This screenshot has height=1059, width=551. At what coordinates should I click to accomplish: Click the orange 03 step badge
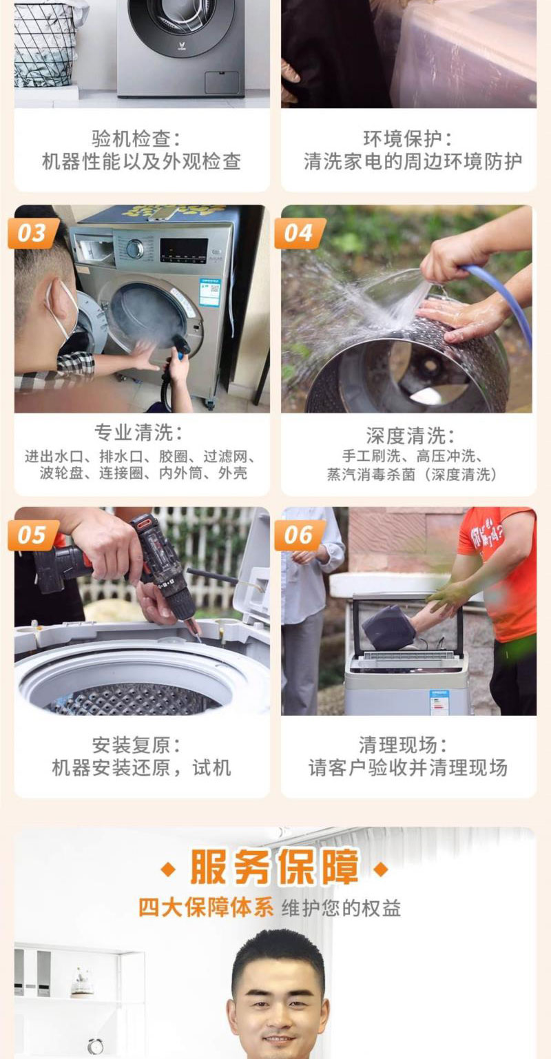coord(33,233)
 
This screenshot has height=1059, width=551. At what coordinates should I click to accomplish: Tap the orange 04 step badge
coord(300,233)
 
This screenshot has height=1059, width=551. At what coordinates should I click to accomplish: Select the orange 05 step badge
coord(33,535)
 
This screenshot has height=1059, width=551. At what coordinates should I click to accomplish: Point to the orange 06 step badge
coord(300,535)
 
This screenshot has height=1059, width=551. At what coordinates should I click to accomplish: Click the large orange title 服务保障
coord(275,867)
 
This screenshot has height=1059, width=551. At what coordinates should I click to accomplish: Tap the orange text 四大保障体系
coord(206,908)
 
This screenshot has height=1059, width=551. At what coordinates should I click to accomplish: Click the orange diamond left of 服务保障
coord(169,869)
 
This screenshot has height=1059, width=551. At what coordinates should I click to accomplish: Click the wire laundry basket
coord(45,45)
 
